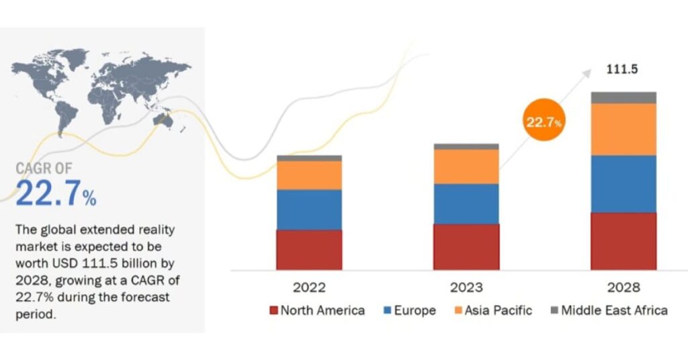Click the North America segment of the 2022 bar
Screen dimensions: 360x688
pos(309,249)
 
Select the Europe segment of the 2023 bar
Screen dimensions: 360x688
pos(466,204)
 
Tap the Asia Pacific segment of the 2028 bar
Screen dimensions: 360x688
pos(623,129)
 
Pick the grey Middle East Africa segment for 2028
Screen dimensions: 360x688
pos(623,97)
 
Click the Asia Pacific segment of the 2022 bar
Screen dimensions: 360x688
pos(309,175)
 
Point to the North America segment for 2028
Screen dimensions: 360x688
pos(623,241)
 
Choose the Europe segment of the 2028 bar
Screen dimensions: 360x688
pos(623,184)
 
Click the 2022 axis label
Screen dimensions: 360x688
pos(309,287)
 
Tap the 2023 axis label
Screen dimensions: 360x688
pos(466,287)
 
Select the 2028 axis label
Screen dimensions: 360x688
pos(623,287)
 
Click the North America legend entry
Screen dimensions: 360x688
pos(317,310)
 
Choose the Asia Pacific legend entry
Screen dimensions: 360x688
pos(494,310)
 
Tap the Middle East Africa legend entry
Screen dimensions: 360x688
pos(609,310)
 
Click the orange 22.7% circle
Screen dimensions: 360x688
pos(543,121)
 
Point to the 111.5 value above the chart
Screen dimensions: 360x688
pos(621,70)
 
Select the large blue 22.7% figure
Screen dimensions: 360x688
pos(55,193)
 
